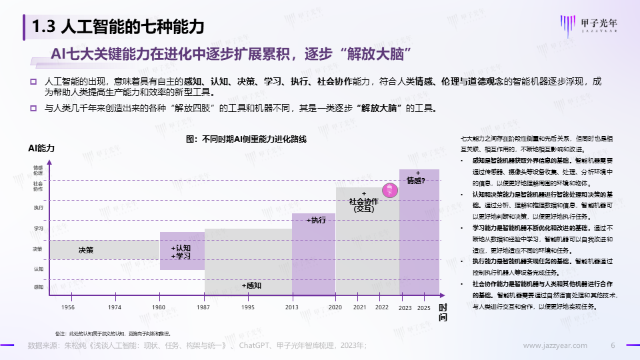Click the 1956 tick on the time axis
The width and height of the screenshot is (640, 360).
click(67, 307)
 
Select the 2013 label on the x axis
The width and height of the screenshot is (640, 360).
click(292, 307)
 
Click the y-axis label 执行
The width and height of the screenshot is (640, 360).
click(38, 208)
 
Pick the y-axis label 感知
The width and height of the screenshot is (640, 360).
click(38, 287)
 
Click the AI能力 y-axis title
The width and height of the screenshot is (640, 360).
click(41, 147)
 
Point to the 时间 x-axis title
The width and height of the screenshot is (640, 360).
click(443, 313)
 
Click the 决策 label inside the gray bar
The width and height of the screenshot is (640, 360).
click(86, 250)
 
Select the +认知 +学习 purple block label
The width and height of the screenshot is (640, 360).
click(181, 252)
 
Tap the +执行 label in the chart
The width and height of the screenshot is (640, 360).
click(315, 220)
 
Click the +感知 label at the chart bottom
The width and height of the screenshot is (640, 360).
click(251, 285)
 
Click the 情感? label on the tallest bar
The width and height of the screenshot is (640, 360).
click(416, 179)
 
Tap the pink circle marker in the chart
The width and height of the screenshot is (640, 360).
click(389, 190)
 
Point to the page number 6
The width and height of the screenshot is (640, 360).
click(613, 345)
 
